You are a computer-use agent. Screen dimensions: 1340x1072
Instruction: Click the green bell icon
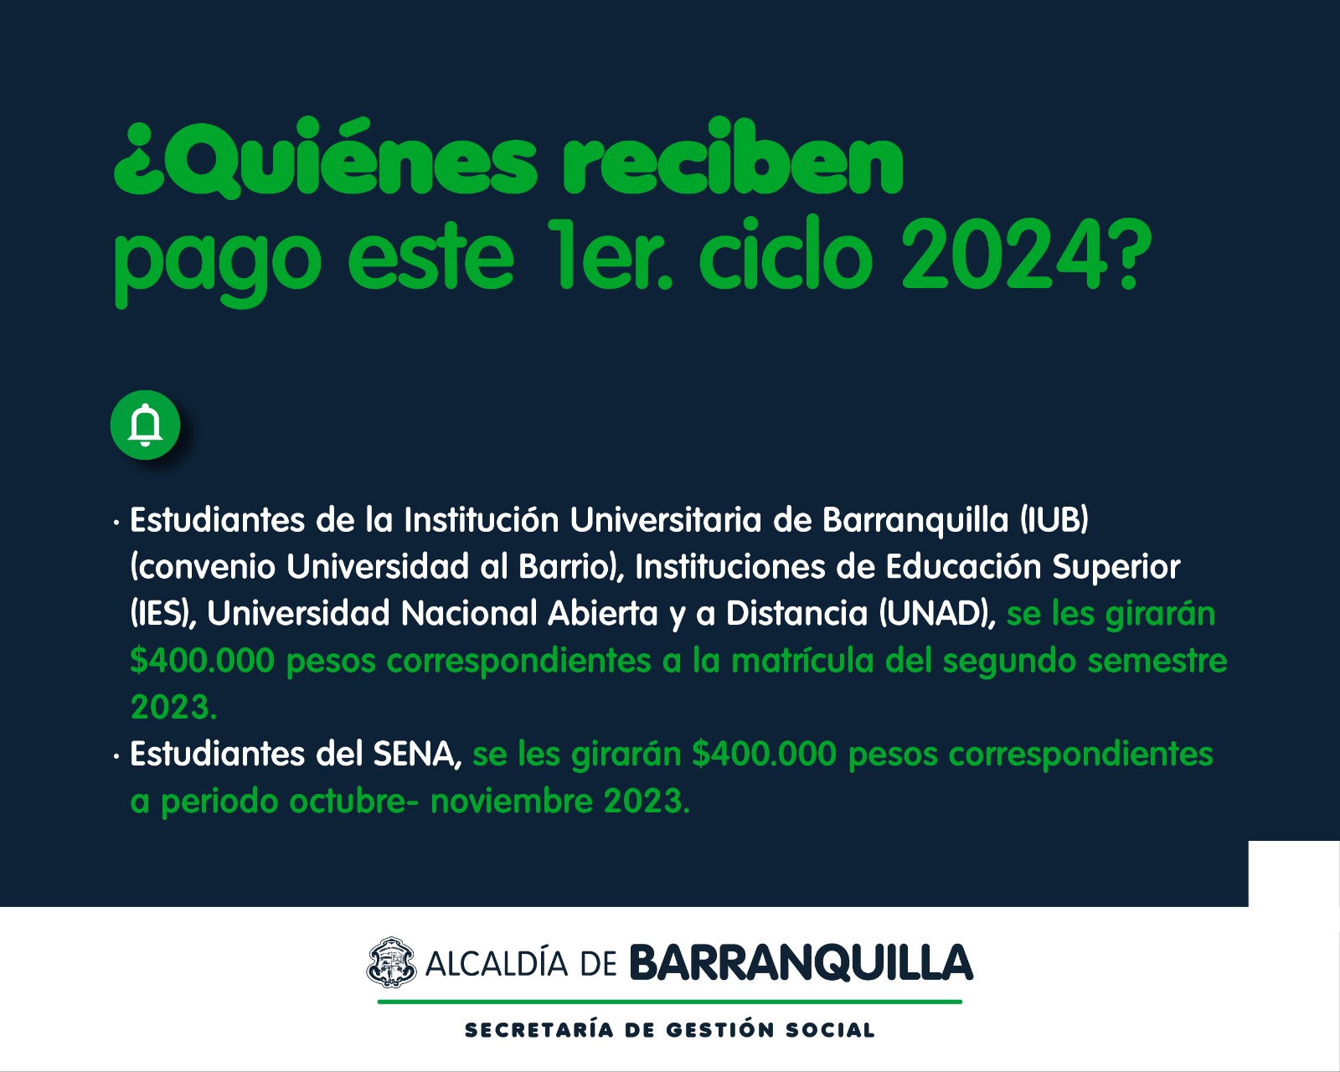pyautogui.click(x=145, y=425)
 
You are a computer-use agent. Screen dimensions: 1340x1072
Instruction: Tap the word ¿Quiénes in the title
pyautogui.click(x=324, y=159)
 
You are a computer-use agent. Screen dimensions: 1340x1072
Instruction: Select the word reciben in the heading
pyautogui.click(x=732, y=157)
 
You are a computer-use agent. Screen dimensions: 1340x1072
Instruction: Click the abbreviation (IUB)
pyautogui.click(x=1054, y=520)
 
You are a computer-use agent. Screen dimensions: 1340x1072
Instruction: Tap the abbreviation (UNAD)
pyautogui.click(x=937, y=614)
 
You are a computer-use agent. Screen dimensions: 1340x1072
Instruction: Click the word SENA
pyautogui.click(x=416, y=755)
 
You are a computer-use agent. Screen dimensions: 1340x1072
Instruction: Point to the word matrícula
pyautogui.click(x=802, y=660)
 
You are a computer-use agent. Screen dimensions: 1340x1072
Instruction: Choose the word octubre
pyautogui.click(x=354, y=801)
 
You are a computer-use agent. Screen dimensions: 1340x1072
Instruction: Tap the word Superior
pyautogui.click(x=1116, y=567)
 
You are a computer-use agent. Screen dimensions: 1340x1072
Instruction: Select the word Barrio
pyautogui.click(x=563, y=567)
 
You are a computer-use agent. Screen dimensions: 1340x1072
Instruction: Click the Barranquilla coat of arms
pyautogui.click(x=390, y=962)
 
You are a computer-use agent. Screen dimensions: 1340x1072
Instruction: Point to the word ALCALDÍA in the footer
pyautogui.click(x=497, y=964)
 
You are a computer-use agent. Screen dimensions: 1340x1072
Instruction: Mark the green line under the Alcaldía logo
pyautogui.click(x=670, y=1002)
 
